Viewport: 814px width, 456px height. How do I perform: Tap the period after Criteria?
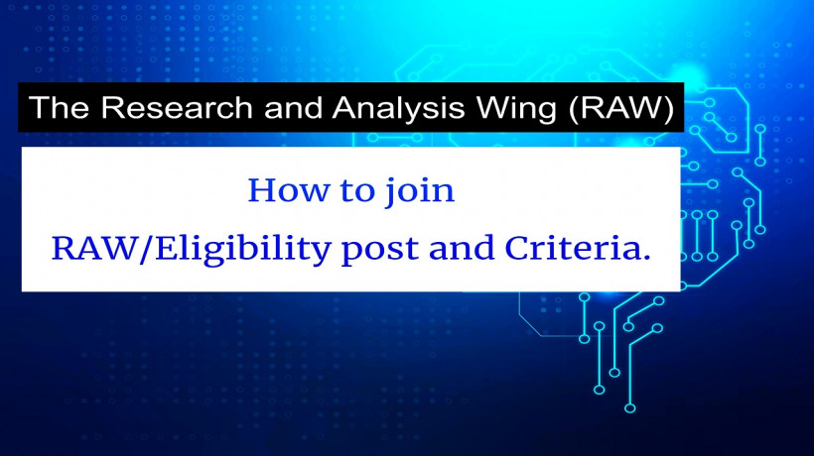coord(646,255)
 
